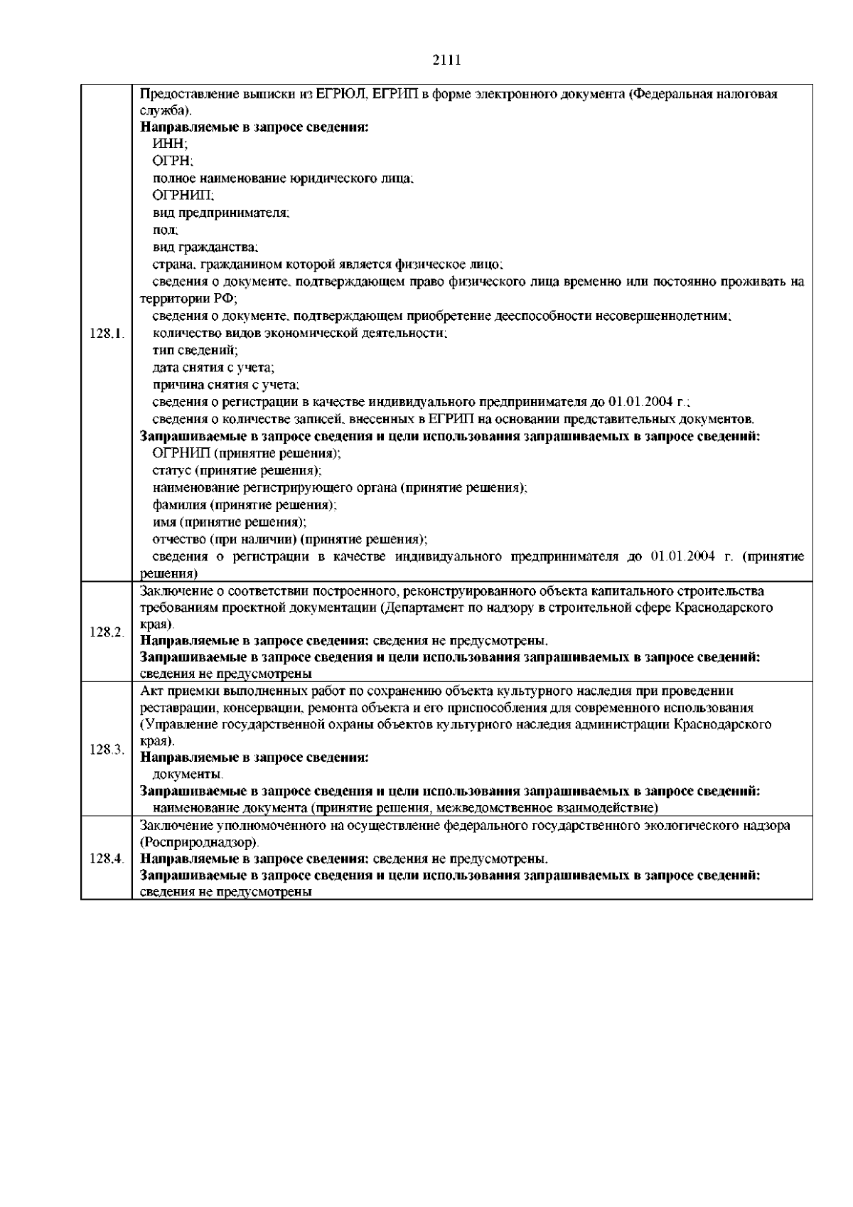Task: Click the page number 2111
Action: (447, 60)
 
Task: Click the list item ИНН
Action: (166, 144)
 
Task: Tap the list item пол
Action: (165, 230)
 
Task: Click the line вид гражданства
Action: (205, 248)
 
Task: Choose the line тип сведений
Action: (195, 350)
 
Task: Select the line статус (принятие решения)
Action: (237, 471)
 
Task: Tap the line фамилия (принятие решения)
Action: (245, 505)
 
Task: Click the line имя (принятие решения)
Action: (230, 522)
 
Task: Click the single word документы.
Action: (188, 774)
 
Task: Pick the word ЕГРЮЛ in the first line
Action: (342, 94)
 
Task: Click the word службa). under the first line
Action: (166, 111)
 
